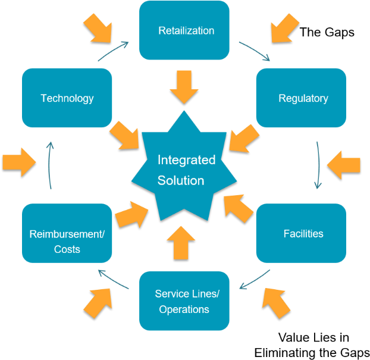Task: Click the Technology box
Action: [x=67, y=98]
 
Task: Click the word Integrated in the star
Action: [x=186, y=160]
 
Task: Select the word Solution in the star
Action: [x=181, y=180]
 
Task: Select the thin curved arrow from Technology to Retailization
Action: [x=113, y=51]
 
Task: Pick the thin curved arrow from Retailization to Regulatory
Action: [x=255, y=51]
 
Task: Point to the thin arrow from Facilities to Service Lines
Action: [x=255, y=280]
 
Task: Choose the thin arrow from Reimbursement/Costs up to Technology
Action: [x=50, y=165]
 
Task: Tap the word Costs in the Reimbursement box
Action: [x=67, y=249]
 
